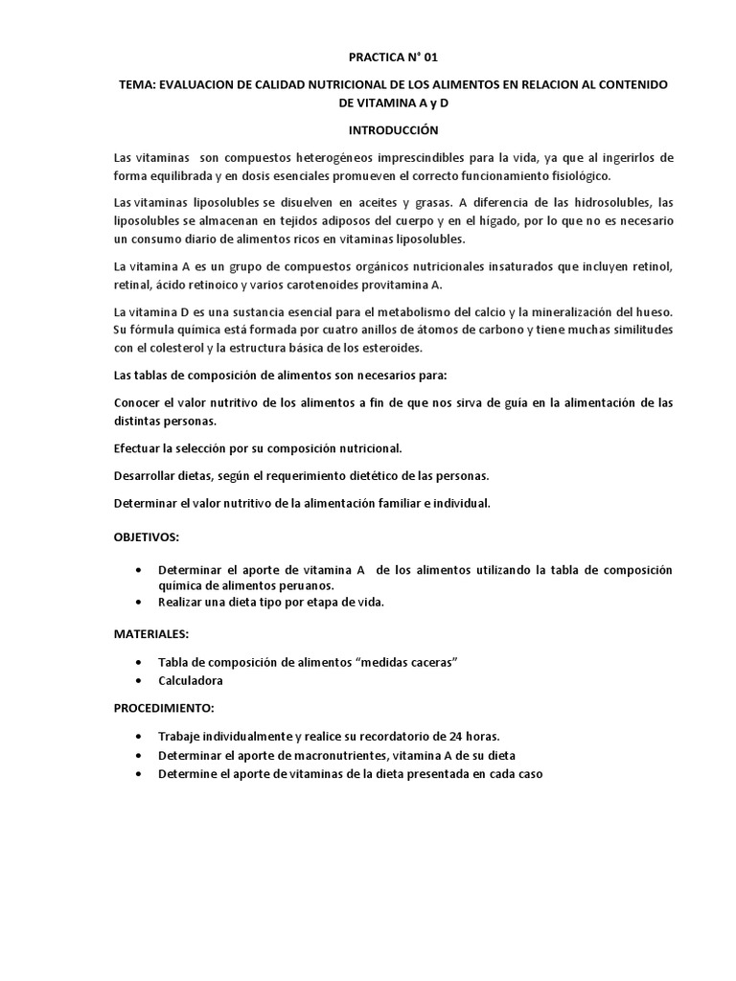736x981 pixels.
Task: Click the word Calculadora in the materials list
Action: pos(191,681)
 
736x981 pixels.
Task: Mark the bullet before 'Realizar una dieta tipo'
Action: pos(141,603)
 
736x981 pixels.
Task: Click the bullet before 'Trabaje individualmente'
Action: pos(141,737)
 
